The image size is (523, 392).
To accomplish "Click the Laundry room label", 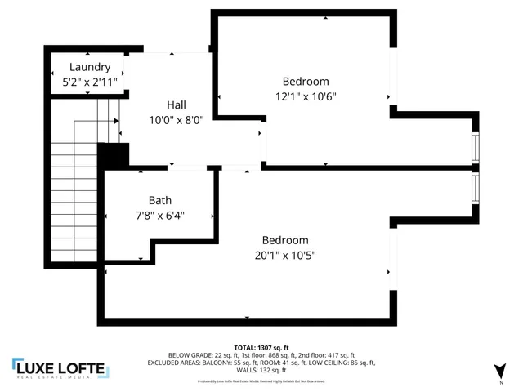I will pyautogui.click(x=89, y=67).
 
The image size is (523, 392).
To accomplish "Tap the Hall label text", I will pyautogui.click(x=177, y=105).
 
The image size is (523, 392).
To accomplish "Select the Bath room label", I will pyautogui.click(x=160, y=200).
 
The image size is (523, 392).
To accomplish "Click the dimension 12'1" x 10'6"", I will pyautogui.click(x=306, y=96).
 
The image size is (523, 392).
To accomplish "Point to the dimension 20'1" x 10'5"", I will pyautogui.click(x=285, y=255).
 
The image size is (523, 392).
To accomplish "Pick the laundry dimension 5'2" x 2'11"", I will pyautogui.click(x=89, y=82).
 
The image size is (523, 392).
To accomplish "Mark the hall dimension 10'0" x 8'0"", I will pyautogui.click(x=177, y=119).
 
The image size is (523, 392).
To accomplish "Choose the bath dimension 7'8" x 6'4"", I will pyautogui.click(x=160, y=216).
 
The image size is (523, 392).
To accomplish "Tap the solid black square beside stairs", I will pyautogui.click(x=114, y=155).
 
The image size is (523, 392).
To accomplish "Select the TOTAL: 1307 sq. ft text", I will pyautogui.click(x=261, y=347).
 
